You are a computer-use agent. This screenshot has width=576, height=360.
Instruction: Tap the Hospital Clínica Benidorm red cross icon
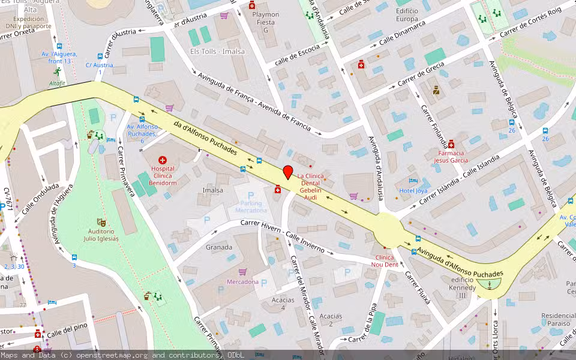(x=162, y=160)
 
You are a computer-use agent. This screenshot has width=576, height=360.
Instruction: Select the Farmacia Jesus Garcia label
(x=451, y=157)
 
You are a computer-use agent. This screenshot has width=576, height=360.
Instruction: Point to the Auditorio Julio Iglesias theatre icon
(x=101, y=222)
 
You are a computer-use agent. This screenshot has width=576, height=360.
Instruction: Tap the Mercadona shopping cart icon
(x=243, y=272)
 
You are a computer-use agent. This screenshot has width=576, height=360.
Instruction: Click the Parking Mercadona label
(x=250, y=206)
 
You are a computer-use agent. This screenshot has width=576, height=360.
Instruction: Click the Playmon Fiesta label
(x=265, y=22)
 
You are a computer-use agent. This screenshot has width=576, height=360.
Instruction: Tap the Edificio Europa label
(x=407, y=15)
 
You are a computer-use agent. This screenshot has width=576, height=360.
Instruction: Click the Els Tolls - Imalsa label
(x=217, y=52)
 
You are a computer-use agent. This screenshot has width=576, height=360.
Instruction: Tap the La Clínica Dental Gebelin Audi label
(x=310, y=187)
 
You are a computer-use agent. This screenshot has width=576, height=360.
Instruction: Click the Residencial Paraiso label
(x=558, y=319)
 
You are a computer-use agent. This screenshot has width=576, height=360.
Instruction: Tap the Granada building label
(x=218, y=247)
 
